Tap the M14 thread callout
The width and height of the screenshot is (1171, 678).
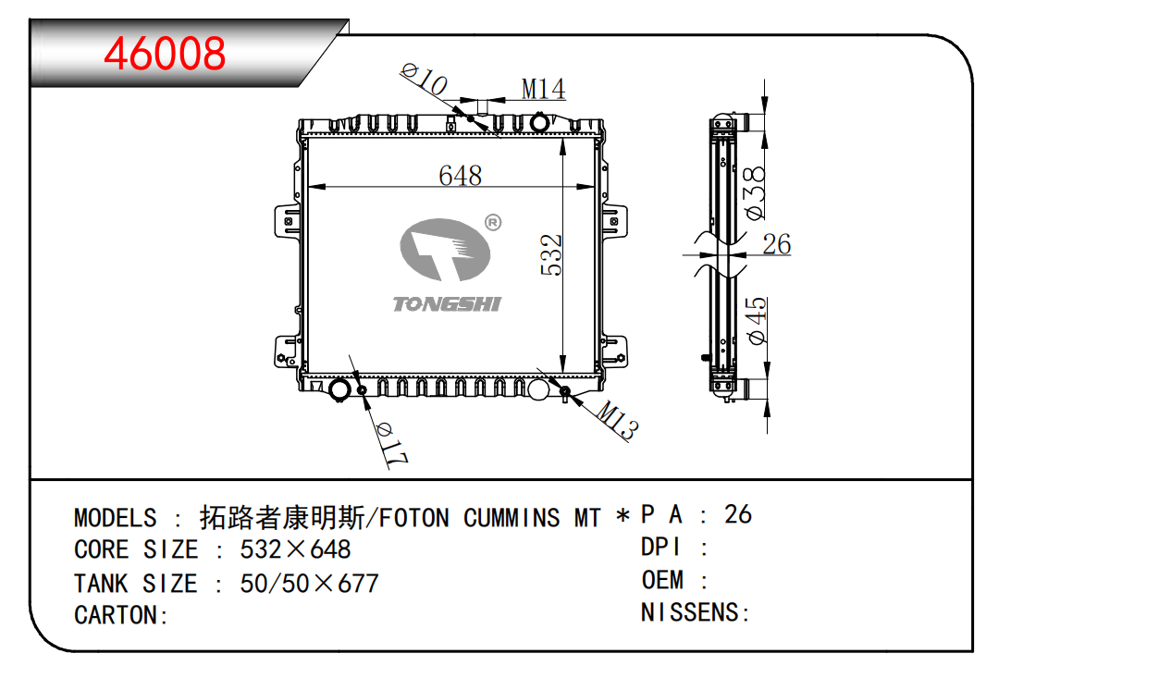[543, 89]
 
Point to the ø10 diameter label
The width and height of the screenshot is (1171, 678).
[425, 80]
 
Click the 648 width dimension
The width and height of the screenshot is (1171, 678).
[460, 175]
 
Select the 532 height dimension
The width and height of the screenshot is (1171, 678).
[551, 254]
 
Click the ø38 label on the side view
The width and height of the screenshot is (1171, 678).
[755, 192]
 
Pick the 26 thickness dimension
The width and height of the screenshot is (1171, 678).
[776, 244]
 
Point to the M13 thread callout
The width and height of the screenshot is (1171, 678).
[615, 422]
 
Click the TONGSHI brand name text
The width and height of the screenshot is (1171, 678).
[446, 304]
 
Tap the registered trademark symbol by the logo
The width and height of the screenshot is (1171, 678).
[493, 222]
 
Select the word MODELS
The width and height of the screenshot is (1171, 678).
[116, 518]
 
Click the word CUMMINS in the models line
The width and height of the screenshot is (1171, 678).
[512, 518]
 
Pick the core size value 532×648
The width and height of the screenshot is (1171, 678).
[295, 550]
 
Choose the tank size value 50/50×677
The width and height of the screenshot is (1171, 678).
[309, 584]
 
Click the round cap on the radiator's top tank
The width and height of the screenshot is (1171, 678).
[538, 123]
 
